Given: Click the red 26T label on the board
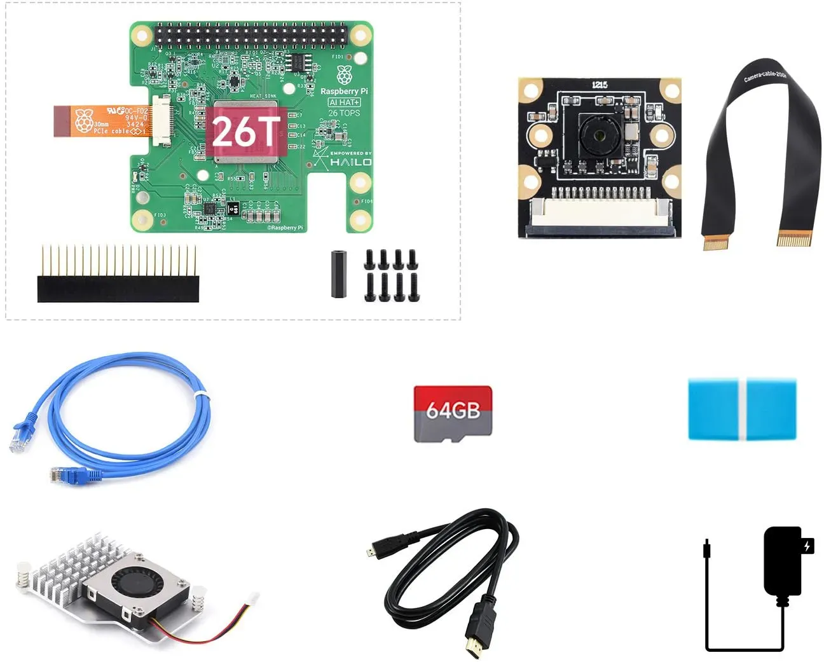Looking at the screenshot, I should pyautogui.click(x=245, y=132).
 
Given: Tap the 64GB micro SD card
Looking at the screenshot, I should pyautogui.click(x=453, y=413).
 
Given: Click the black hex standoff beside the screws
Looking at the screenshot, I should pyautogui.click(x=339, y=274).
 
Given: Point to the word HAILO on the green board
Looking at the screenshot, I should pyautogui.click(x=350, y=162).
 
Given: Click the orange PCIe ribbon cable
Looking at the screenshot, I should pyautogui.click(x=102, y=121).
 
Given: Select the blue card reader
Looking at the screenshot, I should pyautogui.click(x=742, y=410).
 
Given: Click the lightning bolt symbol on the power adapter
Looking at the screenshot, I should pyautogui.click(x=807, y=546).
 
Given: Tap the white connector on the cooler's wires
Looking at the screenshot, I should pyautogui.click(x=252, y=598).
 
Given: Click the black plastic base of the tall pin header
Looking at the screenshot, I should pyautogui.click(x=118, y=289).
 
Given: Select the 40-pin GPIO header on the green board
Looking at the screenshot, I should pyautogui.click(x=251, y=36).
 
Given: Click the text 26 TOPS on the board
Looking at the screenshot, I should pyautogui.click(x=344, y=113).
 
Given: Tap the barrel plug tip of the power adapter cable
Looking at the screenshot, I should pyautogui.click(x=706, y=548).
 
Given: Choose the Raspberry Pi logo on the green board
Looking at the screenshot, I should pyautogui.click(x=344, y=74).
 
